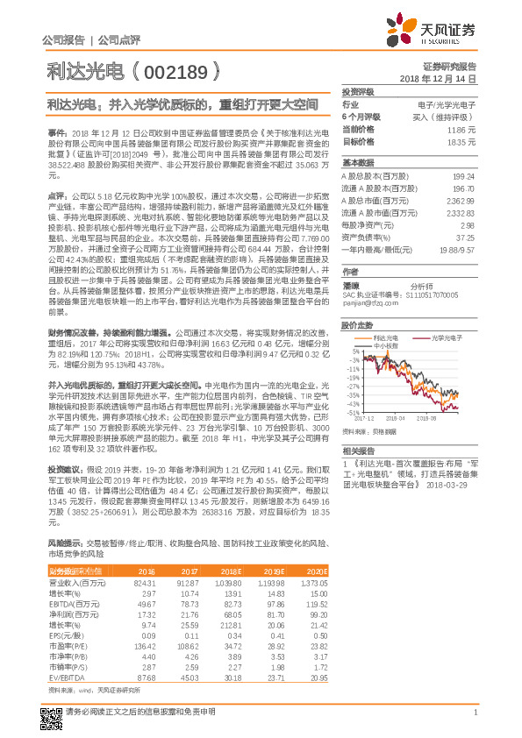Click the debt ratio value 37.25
(x=465, y=237)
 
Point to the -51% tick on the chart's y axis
(x=353, y=412)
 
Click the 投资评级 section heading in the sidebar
(x=358, y=90)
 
